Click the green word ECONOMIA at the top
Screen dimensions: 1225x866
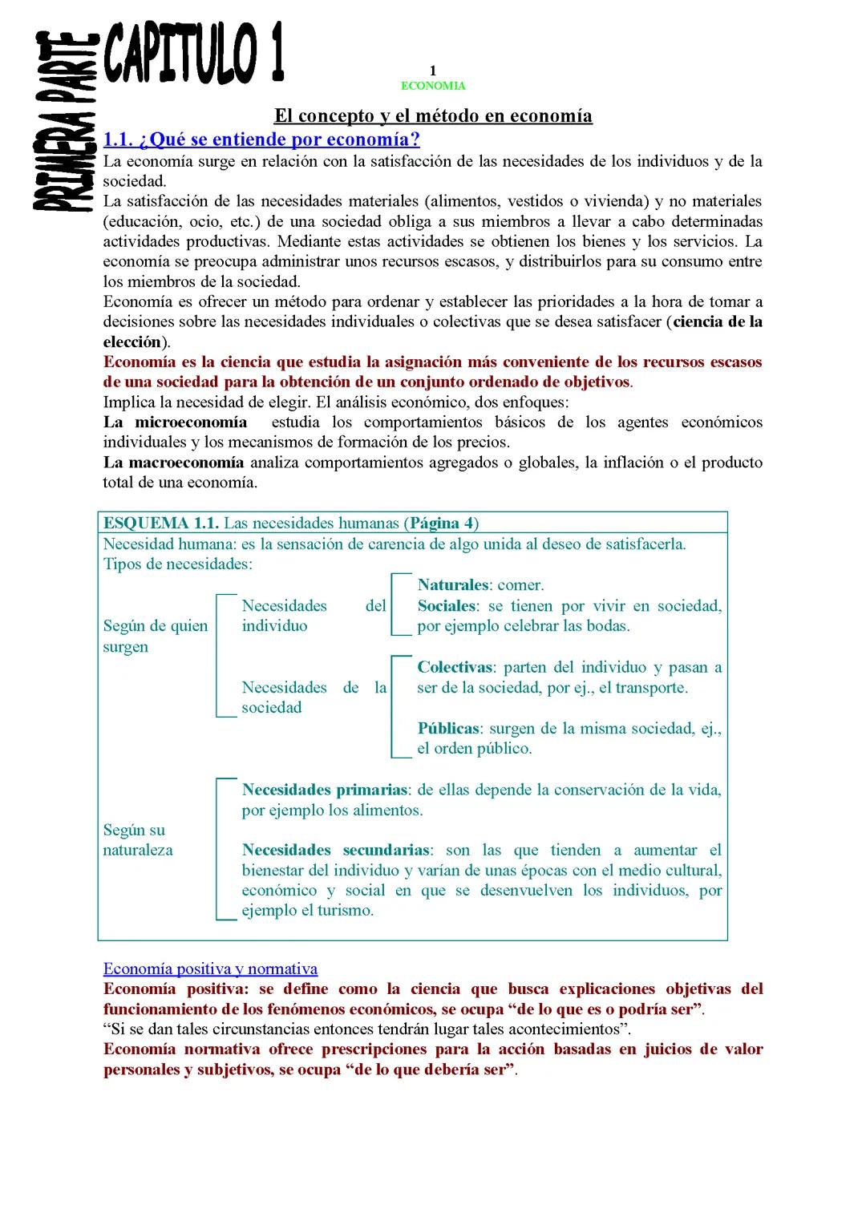click(x=433, y=86)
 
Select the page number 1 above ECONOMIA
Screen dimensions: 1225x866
click(x=433, y=71)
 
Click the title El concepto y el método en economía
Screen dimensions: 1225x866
click(x=433, y=115)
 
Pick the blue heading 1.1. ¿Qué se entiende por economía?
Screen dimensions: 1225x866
click(x=261, y=139)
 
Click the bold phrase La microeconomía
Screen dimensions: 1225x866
click(x=175, y=422)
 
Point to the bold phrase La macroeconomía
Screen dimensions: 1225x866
click(x=173, y=463)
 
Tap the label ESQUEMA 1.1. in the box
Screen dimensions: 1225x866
click(x=160, y=524)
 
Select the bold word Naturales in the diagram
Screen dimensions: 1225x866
click(x=453, y=585)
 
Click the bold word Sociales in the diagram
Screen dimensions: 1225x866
click(x=447, y=606)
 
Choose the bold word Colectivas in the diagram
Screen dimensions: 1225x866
click(x=455, y=667)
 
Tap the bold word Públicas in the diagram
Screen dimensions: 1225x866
click(x=448, y=729)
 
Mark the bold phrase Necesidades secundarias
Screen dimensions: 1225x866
click(x=336, y=850)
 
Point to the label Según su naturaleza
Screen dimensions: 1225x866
click(x=138, y=840)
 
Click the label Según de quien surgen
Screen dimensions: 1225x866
click(x=155, y=636)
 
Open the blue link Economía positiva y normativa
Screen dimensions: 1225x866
click(x=210, y=968)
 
